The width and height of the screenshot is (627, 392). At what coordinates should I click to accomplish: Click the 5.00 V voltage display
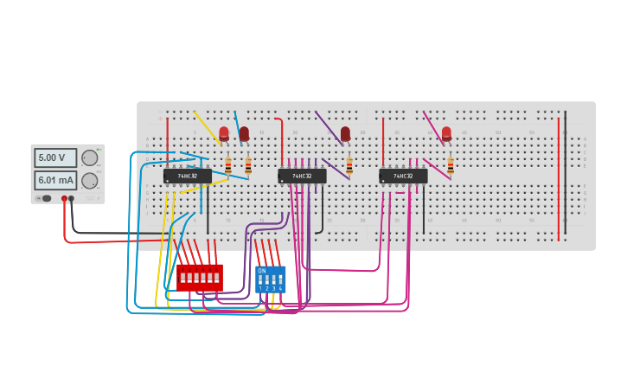click(x=54, y=157)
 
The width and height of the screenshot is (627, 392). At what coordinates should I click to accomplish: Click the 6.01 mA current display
click(x=54, y=180)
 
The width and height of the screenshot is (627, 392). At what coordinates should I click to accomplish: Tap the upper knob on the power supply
click(x=89, y=157)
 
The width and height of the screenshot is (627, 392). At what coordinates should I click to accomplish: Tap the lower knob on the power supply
click(x=89, y=180)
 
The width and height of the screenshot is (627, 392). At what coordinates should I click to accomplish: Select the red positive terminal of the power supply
click(x=64, y=198)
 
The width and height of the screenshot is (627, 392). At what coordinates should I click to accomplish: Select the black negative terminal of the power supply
click(x=71, y=198)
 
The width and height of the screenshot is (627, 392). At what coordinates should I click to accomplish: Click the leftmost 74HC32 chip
click(x=187, y=176)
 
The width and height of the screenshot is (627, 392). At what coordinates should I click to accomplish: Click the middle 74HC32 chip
click(x=302, y=176)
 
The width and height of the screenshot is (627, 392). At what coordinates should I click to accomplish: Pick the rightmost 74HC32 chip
click(x=403, y=176)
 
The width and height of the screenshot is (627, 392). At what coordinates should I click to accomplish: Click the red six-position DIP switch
click(x=199, y=277)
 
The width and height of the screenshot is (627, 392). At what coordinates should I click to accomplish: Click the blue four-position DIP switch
click(x=270, y=279)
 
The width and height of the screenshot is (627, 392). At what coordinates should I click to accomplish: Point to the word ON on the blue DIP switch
click(x=261, y=271)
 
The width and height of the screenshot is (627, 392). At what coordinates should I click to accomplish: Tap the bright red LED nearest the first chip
click(x=224, y=133)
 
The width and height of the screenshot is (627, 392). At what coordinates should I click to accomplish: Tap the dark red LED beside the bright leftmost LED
click(x=244, y=133)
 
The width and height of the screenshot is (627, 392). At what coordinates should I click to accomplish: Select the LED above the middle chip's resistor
click(x=345, y=133)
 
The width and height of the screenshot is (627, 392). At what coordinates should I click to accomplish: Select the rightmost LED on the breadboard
click(x=446, y=133)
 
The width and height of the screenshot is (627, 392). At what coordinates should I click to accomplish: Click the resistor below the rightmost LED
click(x=451, y=164)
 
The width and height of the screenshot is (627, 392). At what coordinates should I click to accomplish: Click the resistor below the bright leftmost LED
click(x=228, y=165)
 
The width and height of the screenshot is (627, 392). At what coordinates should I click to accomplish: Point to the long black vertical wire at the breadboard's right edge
click(x=566, y=173)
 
